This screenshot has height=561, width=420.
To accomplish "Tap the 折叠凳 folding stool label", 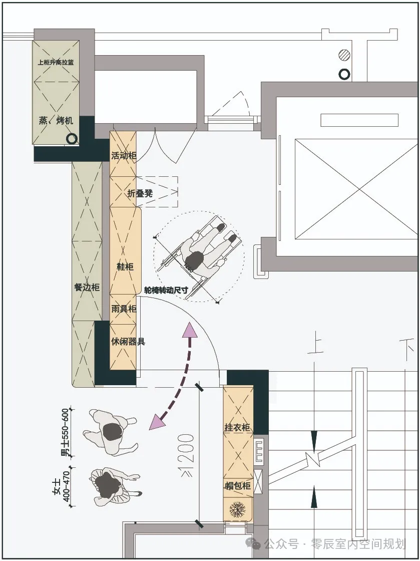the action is tap(140, 193).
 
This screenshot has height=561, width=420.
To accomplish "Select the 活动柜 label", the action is tap(124, 156).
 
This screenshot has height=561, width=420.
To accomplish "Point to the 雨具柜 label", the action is tap(124, 309).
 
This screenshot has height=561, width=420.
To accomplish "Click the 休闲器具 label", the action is tap(128, 341).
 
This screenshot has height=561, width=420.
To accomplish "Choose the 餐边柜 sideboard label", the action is tap(87, 287).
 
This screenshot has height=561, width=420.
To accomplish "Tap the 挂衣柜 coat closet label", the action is tap(237, 427).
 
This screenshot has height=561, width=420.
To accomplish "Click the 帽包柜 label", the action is tap(237, 485).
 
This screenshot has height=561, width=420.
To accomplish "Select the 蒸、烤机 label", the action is tap(56, 120).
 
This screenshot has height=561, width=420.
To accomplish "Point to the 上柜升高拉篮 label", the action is tap(56, 62).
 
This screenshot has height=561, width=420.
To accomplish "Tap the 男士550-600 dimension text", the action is tap(66, 432).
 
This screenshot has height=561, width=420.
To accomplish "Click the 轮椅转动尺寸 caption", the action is tap(166, 290).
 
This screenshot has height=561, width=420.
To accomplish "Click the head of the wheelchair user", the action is tap(195, 259).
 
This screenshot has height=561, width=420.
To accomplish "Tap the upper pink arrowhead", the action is tap(190, 330).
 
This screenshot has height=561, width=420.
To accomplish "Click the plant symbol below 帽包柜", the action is tap(237, 509).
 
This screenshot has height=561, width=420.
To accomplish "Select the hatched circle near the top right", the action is tap(344, 55).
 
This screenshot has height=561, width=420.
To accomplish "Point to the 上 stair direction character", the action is tap(315, 343).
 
